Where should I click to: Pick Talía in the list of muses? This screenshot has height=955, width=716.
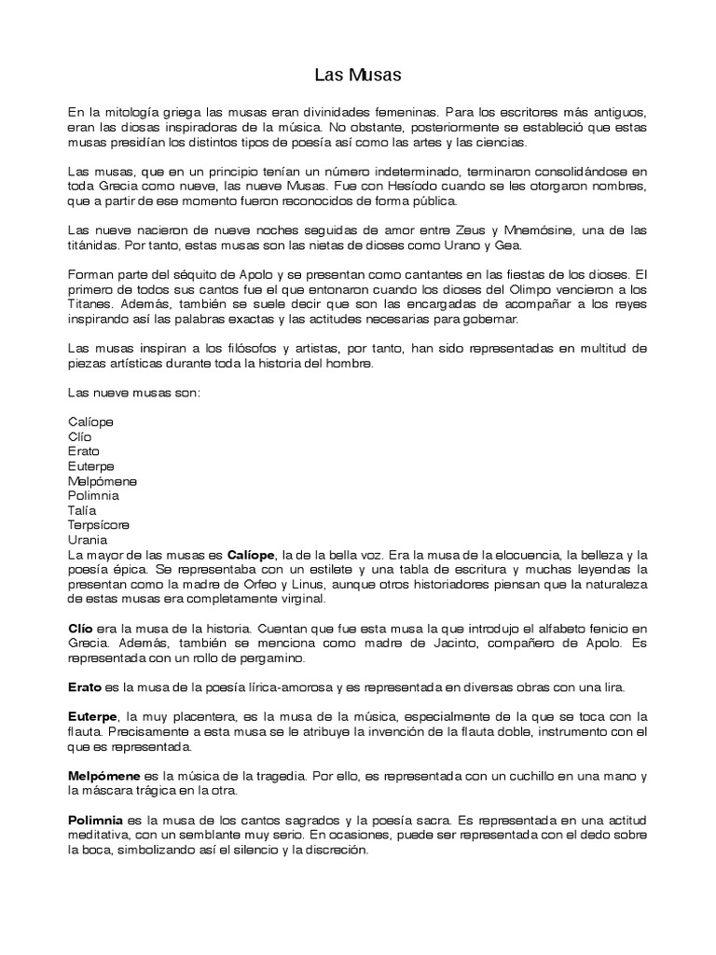pos(82,510)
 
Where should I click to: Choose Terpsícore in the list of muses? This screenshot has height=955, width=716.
pos(98,525)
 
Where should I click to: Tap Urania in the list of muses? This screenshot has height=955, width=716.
pos(88,540)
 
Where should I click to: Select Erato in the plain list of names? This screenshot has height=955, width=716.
pos(84,451)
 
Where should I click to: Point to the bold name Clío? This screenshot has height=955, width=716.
pos(81,629)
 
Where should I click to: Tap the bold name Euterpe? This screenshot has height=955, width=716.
pos(92,717)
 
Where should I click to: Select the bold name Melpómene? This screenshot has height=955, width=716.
pos(102,776)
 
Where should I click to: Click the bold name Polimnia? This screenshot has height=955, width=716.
pos(96,820)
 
